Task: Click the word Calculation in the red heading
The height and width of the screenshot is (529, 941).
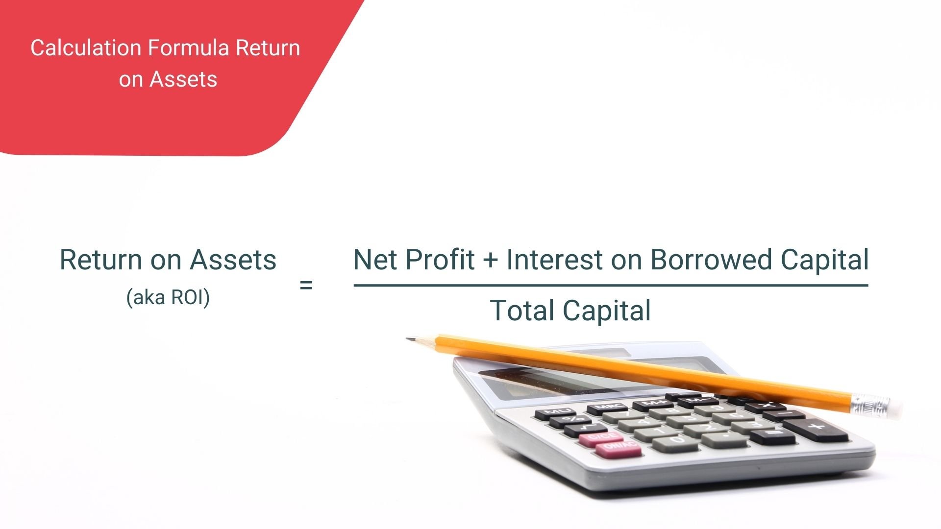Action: [86, 48]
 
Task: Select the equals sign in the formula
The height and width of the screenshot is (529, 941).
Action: [306, 285]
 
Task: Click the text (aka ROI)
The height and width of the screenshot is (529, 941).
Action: [168, 297]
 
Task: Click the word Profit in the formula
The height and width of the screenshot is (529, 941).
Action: [437, 260]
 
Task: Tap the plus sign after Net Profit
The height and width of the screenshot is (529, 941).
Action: [490, 261]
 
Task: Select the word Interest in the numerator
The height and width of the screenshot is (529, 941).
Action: [554, 260]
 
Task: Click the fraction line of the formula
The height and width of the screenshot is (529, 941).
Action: [611, 285]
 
